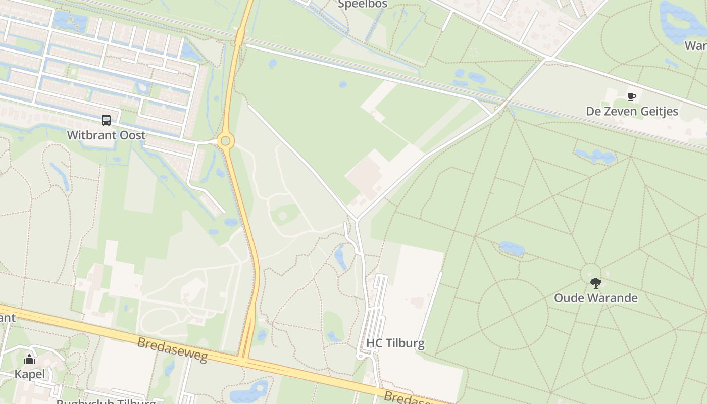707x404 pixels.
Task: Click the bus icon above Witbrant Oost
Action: [106, 120]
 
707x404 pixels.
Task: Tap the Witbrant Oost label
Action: [106, 135]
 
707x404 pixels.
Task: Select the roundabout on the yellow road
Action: [225, 141]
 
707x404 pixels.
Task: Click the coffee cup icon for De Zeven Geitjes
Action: [631, 96]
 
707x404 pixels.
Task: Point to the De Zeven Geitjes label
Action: [632, 111]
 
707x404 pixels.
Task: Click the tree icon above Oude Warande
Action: [596, 283]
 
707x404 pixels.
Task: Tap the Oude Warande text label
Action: [596, 298]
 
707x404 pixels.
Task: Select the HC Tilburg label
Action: [395, 343]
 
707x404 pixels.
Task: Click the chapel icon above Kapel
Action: [29, 360]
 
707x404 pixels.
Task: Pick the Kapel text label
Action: [29, 374]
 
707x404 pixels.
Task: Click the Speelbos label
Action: [363, 5]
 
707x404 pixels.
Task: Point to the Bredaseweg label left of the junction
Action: [172, 349]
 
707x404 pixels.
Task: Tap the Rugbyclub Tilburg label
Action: [106, 402]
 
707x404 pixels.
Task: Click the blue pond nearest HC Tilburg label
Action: [334, 336]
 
